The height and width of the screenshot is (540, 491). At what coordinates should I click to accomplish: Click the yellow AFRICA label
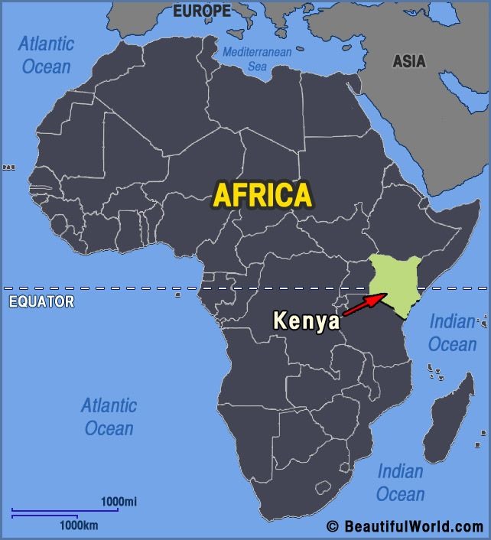pos(262,194)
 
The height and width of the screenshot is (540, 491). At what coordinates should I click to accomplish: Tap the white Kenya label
pos(307,320)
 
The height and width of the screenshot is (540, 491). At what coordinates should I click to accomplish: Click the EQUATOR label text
pos(41,301)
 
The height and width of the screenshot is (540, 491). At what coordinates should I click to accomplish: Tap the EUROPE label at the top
pos(202,11)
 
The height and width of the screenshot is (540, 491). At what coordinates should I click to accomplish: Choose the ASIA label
pos(409,61)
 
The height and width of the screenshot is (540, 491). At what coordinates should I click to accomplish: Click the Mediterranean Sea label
pos(257,59)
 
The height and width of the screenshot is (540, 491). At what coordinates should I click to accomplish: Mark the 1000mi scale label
pos(119,501)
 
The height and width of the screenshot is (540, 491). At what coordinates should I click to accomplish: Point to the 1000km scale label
pos(79,525)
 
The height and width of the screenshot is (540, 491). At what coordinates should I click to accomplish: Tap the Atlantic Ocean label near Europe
pos(46,54)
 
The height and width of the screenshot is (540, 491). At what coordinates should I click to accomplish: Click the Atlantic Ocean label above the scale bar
pos(109,416)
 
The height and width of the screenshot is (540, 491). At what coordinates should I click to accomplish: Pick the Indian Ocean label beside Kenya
pos(452,333)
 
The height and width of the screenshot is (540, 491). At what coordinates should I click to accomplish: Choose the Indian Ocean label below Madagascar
pos(400,482)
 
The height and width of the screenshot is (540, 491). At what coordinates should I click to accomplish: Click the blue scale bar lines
pos(65,512)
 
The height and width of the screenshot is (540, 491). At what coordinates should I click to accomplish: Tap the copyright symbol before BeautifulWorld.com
pos(332,526)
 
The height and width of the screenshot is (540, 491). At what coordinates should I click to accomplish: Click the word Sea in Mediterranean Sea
pos(257,67)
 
